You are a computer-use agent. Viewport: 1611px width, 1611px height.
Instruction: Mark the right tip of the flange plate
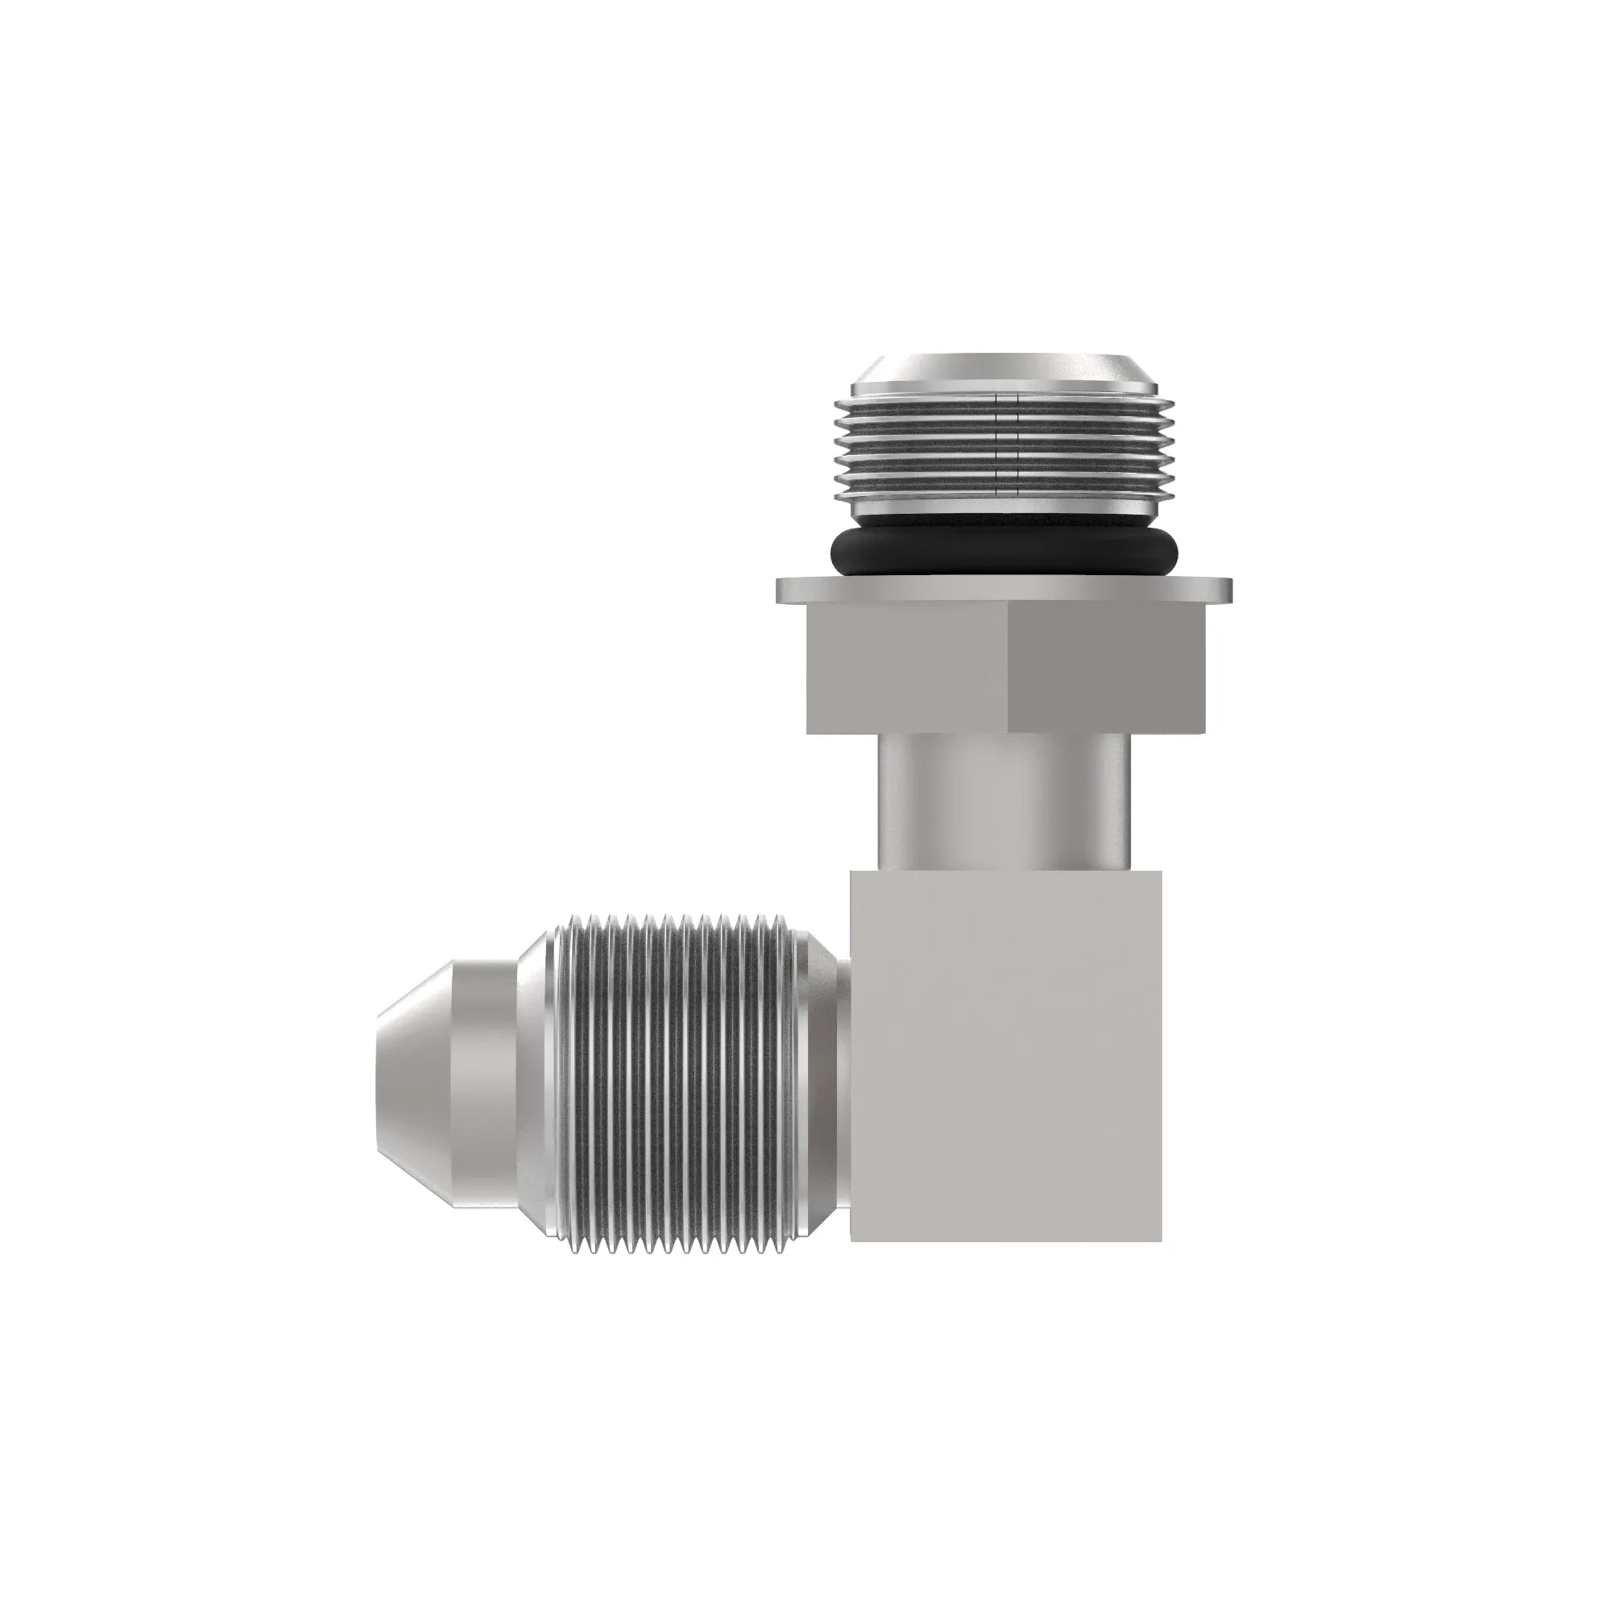(1231, 590)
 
